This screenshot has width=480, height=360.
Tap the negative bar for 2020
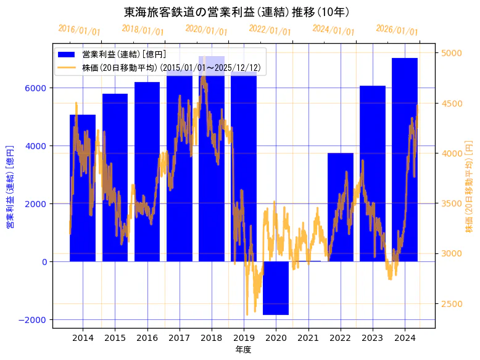click(x=276, y=288)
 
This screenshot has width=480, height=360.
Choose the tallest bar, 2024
click(x=405, y=160)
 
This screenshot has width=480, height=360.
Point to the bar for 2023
click(x=373, y=173)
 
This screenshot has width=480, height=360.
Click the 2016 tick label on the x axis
click(x=147, y=338)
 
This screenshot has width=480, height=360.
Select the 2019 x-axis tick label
click(x=244, y=338)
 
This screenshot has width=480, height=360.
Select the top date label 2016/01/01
click(x=79, y=30)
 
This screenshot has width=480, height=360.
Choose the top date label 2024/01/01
click(x=333, y=30)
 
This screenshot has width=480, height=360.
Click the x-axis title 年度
click(x=243, y=350)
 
